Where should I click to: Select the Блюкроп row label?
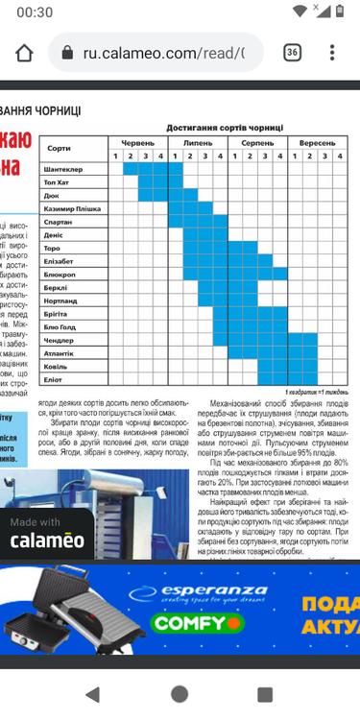coord(60,275)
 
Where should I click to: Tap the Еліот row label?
coord(54,379)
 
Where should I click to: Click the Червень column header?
coord(137,141)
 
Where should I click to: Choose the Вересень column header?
coord(317,141)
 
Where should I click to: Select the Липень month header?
coord(198,141)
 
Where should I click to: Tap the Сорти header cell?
coord(59,148)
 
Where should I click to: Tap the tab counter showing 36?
coord(292,53)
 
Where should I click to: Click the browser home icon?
coord(24,53)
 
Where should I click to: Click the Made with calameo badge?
coord(47,533)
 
